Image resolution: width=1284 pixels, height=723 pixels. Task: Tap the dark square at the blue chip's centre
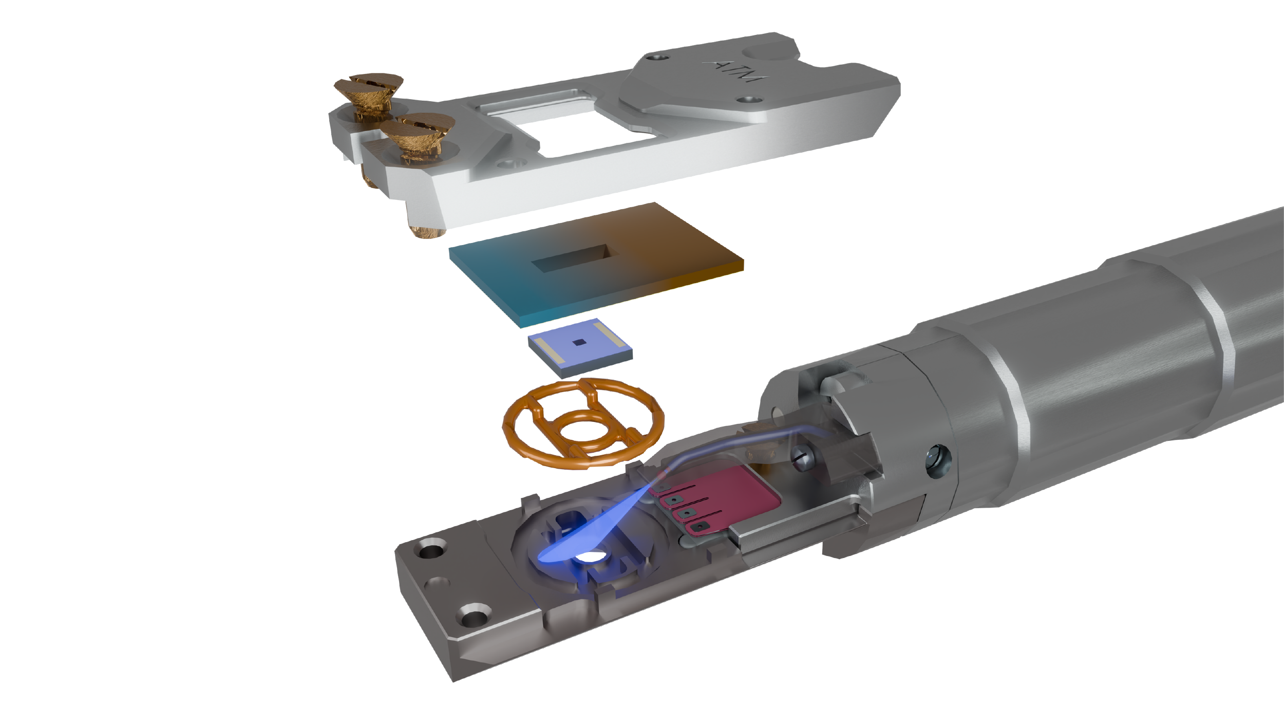tap(579, 342)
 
